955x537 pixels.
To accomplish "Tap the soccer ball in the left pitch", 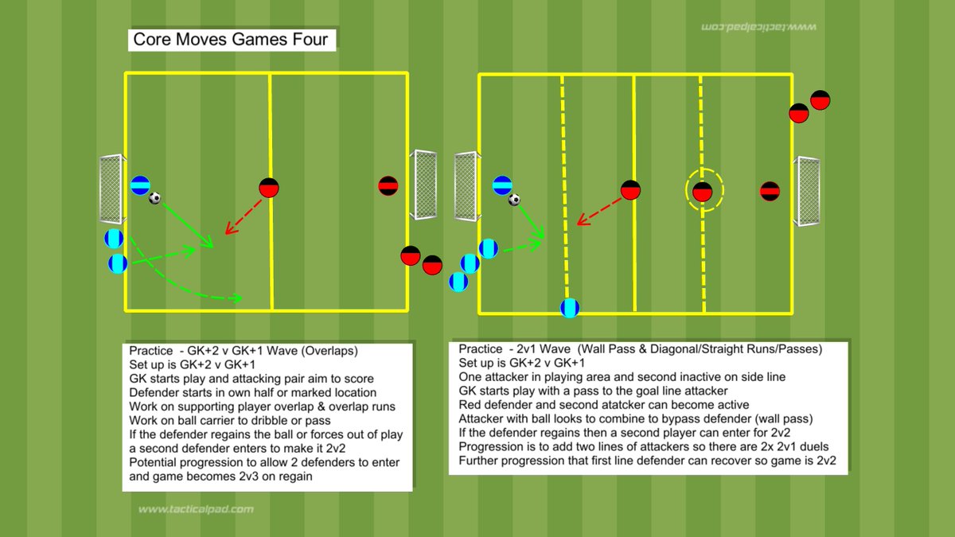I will coord(155,198).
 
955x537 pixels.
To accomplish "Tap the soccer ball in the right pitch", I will coord(515,200).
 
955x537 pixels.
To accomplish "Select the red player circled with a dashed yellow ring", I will coord(702,191).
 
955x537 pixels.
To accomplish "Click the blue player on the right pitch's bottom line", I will coord(570,308).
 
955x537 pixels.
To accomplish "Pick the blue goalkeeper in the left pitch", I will coord(140,185).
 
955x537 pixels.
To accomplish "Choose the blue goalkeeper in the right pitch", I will coord(502,185).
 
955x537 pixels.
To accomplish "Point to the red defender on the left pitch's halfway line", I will coord(269,188).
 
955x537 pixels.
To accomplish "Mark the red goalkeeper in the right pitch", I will coord(770,191).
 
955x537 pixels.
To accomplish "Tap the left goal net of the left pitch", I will coord(109,189).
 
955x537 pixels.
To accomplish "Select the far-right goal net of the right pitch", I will coord(809,191).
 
